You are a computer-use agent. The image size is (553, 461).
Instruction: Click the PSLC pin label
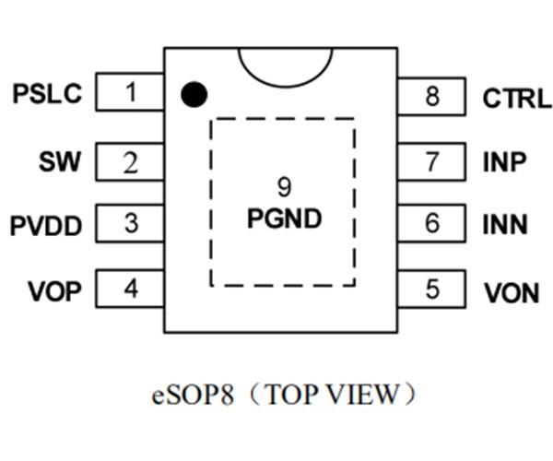point(47,94)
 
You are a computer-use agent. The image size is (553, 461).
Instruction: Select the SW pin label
point(60,163)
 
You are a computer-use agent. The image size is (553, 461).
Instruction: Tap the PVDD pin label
point(46,226)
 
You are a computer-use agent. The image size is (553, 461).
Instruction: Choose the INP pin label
point(505,163)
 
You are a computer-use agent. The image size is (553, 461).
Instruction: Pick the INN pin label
point(506,225)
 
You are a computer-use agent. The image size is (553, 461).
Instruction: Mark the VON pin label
point(512,293)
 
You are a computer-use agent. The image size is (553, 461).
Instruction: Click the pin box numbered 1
point(131,93)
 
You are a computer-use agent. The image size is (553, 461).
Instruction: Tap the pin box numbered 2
point(131,163)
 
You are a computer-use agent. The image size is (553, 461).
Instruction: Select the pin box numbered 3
point(131,224)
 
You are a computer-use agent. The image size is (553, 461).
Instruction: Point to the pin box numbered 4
point(131,290)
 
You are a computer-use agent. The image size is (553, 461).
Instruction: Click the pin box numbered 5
point(432,290)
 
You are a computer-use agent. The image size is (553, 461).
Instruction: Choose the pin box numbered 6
point(432,224)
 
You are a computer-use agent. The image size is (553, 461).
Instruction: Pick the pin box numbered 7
point(432,163)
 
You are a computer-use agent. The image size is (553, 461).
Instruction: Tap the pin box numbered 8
point(432,96)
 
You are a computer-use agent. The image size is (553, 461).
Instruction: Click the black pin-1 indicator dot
point(194,93)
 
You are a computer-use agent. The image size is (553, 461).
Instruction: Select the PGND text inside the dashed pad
point(284,219)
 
